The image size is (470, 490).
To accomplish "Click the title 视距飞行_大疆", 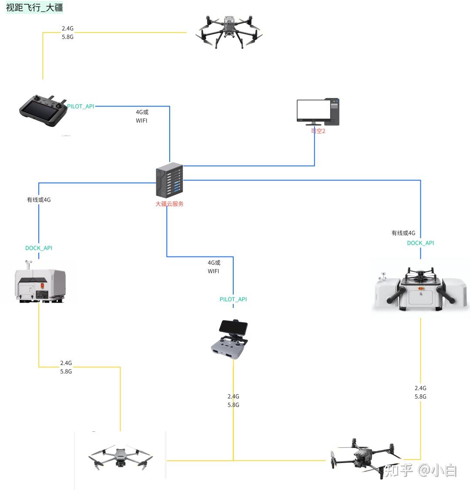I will tap(34, 7).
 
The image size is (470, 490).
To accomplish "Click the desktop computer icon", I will tap(318, 112).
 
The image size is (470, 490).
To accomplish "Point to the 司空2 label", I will tap(318, 131).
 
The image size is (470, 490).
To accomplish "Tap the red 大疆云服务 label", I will tap(169, 204).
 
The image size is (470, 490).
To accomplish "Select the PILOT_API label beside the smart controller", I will tap(81, 107).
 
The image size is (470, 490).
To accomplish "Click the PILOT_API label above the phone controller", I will tap(233, 300).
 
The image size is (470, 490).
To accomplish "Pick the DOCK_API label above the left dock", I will tap(39, 248).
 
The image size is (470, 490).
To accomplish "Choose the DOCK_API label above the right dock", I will tap(420, 243).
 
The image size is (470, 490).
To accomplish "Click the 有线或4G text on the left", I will tap(39, 200).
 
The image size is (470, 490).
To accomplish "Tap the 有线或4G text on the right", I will tap(403, 233).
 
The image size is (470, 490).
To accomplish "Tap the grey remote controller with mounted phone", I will tap(229, 340).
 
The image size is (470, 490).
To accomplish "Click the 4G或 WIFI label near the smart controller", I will tap(142, 117).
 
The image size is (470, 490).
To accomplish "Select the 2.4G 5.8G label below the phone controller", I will tap(233, 401).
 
